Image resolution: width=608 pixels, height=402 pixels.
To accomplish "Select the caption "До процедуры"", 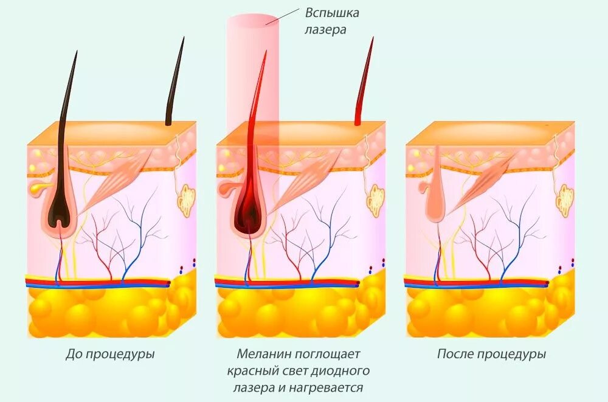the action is coord(110,354).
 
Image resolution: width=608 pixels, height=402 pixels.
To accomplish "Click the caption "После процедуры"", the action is coord(491,354).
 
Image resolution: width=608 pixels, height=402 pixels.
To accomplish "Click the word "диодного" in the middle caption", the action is coord(345,370).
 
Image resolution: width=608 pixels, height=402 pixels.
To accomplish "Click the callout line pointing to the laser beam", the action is coord(283,17).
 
